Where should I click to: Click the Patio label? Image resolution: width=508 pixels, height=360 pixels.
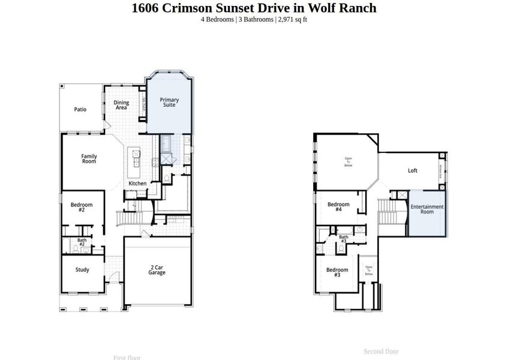point(80,110)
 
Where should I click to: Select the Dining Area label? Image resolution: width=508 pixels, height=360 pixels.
point(121,105)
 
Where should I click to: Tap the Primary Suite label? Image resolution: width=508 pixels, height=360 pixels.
point(169,102)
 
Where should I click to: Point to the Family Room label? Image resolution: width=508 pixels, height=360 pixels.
point(89,159)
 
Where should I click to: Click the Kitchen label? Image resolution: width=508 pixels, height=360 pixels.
point(137,183)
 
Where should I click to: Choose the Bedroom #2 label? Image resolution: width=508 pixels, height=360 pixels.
point(82,207)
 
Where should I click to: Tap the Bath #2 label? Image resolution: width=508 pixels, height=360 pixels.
point(82,242)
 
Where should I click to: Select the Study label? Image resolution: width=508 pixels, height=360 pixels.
point(82,270)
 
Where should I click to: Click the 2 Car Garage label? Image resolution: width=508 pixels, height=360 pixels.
point(157,270)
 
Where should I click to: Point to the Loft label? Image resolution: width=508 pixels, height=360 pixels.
point(413,170)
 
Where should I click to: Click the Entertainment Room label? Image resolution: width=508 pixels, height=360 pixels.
point(427,209)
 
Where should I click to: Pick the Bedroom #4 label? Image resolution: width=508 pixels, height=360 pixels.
point(338,207)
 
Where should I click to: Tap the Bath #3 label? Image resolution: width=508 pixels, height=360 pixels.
point(344,239)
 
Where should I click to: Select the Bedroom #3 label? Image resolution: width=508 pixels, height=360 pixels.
point(337,272)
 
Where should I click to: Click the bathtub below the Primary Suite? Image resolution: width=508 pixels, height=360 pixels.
point(166,144)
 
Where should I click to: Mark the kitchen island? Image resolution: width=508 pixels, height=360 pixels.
point(137,158)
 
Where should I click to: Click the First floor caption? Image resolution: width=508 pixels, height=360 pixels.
point(127,358)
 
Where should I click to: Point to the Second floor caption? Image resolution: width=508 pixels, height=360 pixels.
point(381,352)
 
